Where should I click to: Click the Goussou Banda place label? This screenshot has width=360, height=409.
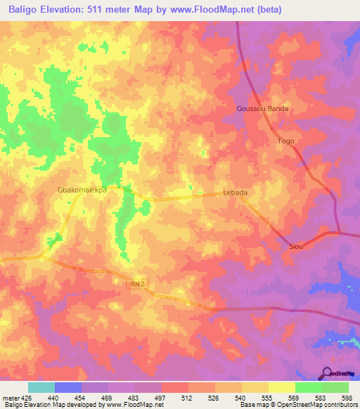(262, 110)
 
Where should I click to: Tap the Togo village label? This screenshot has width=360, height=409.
(285, 141)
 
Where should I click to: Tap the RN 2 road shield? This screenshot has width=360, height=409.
(139, 284)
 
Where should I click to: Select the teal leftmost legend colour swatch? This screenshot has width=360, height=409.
(41, 387)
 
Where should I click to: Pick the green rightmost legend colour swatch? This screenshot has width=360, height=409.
(335, 387)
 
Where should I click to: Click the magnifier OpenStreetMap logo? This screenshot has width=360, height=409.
(327, 372)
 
